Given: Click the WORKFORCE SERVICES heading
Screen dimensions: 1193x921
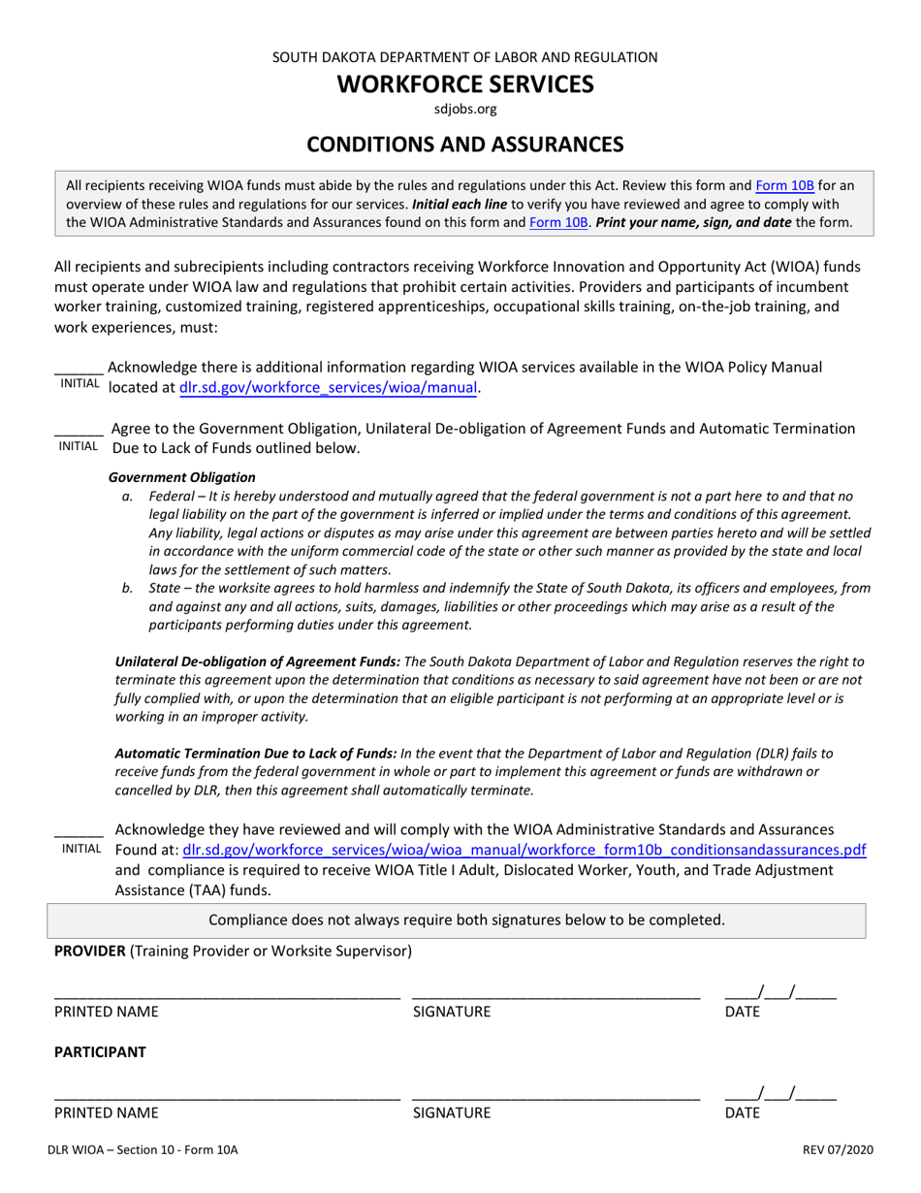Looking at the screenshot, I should pyautogui.click(x=464, y=84).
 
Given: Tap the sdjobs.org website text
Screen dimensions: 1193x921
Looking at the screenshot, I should pyautogui.click(x=464, y=109).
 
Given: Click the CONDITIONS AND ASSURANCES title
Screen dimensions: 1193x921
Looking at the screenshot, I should pyautogui.click(x=464, y=145).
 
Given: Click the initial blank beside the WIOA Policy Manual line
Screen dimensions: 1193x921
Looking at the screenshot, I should pyautogui.click(x=79, y=370).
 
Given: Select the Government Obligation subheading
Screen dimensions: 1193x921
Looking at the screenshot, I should pyautogui.click(x=181, y=477).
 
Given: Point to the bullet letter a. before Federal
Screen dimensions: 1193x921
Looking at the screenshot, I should pyautogui.click(x=127, y=496).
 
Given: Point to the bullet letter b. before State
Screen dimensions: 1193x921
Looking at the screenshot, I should pyautogui.click(x=127, y=588).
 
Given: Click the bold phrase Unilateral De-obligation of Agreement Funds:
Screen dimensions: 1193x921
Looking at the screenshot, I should pyautogui.click(x=257, y=661).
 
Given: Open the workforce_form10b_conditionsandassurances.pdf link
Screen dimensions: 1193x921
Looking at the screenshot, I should pyautogui.click(x=524, y=850).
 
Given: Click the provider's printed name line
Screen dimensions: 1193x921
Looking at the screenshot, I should pyautogui.click(x=226, y=993).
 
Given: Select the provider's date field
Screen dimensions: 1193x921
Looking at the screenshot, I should pyautogui.click(x=779, y=992).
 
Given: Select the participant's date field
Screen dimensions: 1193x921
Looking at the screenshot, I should pyautogui.click(x=779, y=1094).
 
